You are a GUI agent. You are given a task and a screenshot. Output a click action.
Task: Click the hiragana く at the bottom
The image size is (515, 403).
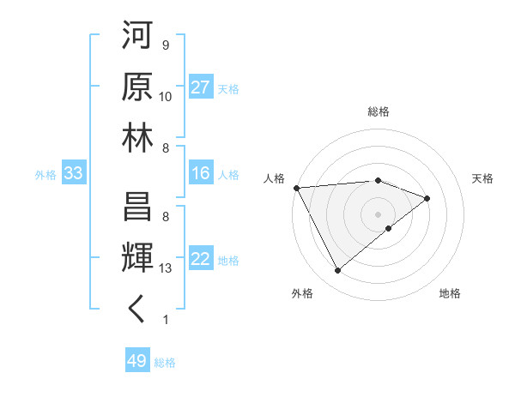(x=137, y=310)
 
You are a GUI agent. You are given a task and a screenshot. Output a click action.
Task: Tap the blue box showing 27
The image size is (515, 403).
(x=201, y=88)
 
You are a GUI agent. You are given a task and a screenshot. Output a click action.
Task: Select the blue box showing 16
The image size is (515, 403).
(x=201, y=174)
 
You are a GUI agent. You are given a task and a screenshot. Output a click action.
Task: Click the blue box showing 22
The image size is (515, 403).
(x=201, y=260)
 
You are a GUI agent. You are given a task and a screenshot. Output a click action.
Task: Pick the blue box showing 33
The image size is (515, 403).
(x=74, y=174)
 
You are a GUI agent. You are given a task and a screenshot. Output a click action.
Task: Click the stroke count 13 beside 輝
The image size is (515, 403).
(x=167, y=268)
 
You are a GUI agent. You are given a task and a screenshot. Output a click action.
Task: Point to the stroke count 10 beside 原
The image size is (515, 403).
(x=166, y=97)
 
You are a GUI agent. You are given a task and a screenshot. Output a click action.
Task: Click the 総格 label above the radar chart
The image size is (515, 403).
(x=379, y=111)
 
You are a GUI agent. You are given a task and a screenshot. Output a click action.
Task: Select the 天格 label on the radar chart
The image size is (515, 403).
(x=483, y=178)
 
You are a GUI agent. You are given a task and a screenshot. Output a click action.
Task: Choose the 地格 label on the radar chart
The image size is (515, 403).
(x=450, y=294)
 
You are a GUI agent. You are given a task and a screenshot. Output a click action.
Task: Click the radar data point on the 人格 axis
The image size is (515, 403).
(x=296, y=188)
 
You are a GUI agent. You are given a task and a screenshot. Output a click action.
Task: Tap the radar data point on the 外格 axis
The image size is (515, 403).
(x=337, y=271)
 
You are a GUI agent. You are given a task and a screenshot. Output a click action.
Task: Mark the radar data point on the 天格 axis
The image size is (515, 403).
(x=427, y=198)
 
